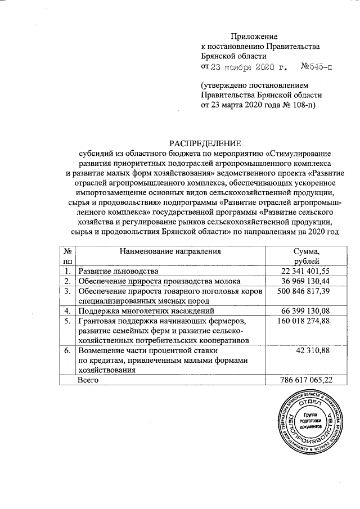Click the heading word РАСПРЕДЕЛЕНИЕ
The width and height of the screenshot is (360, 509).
pos(205,143)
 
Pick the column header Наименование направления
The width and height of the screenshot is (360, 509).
pos(173,251)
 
